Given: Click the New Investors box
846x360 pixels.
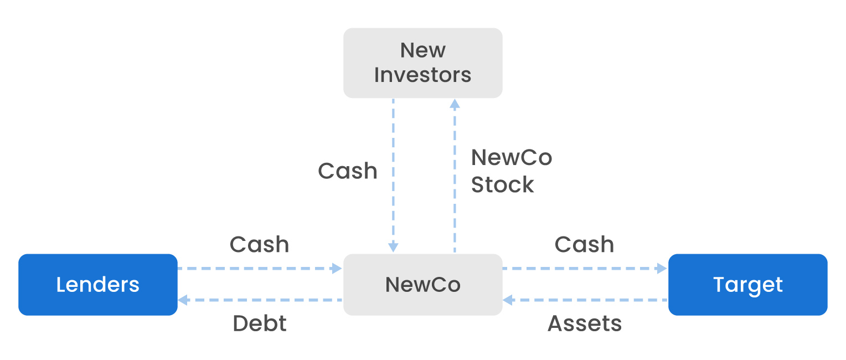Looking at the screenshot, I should tap(422, 63).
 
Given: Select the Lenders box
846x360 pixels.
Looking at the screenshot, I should tap(98, 285).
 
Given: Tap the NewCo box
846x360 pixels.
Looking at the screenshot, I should tap(422, 285).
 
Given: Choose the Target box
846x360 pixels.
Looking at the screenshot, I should tap(747, 285).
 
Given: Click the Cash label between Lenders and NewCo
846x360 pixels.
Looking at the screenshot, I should tap(259, 244).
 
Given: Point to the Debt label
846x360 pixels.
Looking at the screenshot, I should tap(260, 323).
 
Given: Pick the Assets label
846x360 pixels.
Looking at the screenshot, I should tap(585, 323).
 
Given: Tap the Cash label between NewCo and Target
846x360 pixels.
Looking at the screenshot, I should tap(584, 244).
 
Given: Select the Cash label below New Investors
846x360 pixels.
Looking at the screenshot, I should tap(347, 171).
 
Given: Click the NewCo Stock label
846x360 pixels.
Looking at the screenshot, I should tap(511, 171).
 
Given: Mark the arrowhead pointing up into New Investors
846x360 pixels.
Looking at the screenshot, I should tap(455, 104).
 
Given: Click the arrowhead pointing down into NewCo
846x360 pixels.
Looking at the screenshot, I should tap(393, 248).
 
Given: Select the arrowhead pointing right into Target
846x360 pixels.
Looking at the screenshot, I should tap(662, 269).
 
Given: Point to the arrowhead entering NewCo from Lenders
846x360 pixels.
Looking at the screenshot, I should tap(337, 269).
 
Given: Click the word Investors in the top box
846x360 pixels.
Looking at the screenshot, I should tap(422, 75).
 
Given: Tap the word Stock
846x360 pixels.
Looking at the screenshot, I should tap(502, 185).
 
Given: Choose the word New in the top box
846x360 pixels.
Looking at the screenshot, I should tap(422, 50).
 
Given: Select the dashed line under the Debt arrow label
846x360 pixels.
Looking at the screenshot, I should tap(260, 300).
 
